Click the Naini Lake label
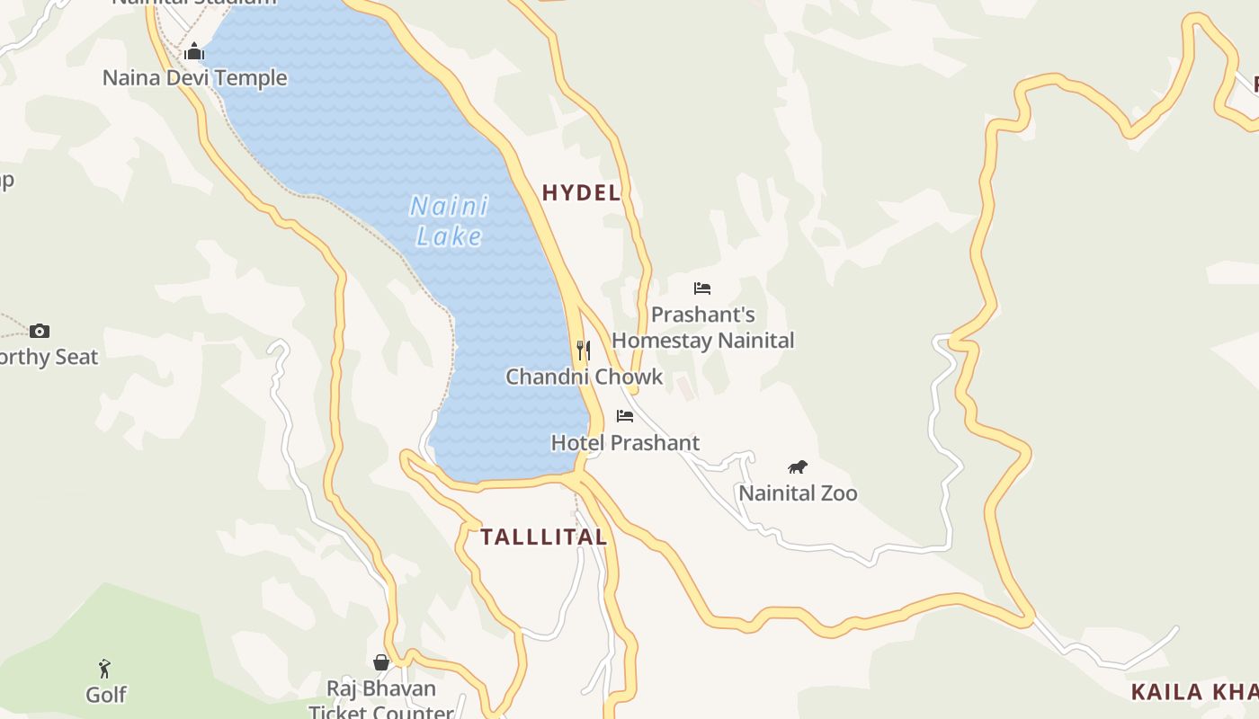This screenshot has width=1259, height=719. tap(449, 221)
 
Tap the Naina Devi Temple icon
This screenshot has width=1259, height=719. tap(194, 52)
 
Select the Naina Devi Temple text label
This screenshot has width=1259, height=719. tap(194, 78)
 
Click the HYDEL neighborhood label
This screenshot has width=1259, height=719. tap(581, 192)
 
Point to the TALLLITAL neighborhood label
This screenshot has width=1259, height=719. tap(543, 537)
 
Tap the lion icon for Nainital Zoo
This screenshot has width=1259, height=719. tap(798, 466)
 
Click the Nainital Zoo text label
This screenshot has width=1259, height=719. tap(798, 493)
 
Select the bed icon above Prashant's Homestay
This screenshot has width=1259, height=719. tap(702, 288)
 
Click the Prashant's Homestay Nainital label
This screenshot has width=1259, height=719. tap(702, 328)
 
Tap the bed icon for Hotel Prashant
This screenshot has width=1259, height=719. tap(625, 415)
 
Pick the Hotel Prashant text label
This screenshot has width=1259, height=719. tap(625, 443)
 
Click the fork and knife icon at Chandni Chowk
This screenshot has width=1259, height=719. tap(584, 350)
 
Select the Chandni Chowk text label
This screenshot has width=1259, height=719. tap(584, 377)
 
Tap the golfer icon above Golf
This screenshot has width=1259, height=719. tap(105, 669)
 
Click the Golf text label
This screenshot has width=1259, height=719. tap(106, 695)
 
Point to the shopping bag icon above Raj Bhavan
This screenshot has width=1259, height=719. tap(381, 662)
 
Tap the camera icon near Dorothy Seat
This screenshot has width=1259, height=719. tap(39, 331)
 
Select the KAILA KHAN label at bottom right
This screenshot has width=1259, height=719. tap(1194, 692)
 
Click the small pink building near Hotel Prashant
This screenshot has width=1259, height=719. tap(686, 389)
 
